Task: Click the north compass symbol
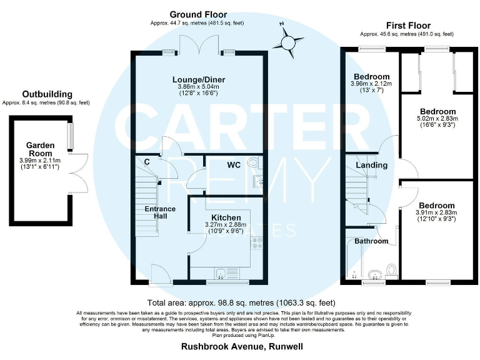click(x=287, y=42)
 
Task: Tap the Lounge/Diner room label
click(x=199, y=80)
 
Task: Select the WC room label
click(x=234, y=166)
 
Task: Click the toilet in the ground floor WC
click(x=253, y=164)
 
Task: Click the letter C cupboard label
click(x=146, y=162)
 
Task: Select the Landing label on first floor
click(x=371, y=165)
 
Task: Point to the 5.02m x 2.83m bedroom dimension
click(x=437, y=118)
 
